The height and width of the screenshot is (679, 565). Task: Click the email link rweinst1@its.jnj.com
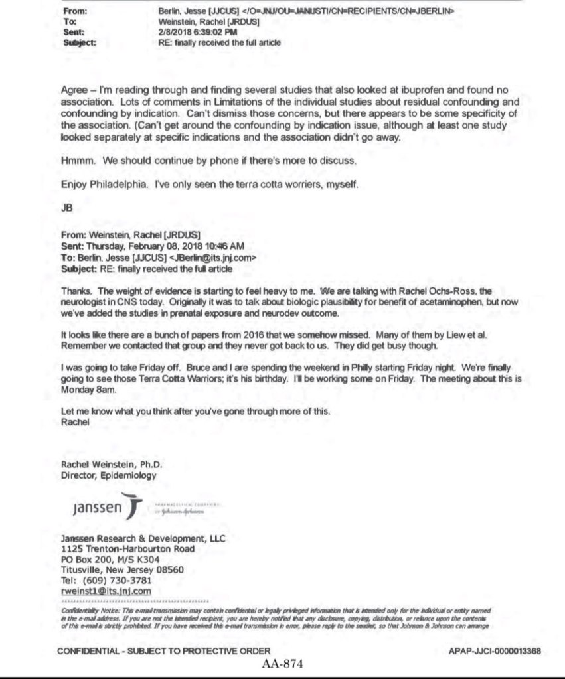click(x=106, y=591)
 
